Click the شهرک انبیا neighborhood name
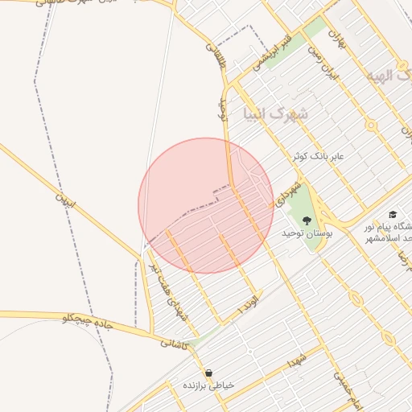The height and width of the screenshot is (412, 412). point(276,113)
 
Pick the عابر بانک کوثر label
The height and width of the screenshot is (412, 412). point(318,154)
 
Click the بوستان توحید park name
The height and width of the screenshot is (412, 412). point(307,233)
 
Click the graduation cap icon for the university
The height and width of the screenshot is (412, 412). point(392,215)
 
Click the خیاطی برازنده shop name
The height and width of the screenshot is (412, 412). point(210,385)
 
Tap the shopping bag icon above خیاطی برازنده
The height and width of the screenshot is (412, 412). point(209,373)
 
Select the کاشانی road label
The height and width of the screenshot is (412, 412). point(175,343)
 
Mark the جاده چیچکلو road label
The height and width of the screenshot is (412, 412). point(90,323)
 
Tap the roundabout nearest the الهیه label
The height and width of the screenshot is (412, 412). point(371,125)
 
